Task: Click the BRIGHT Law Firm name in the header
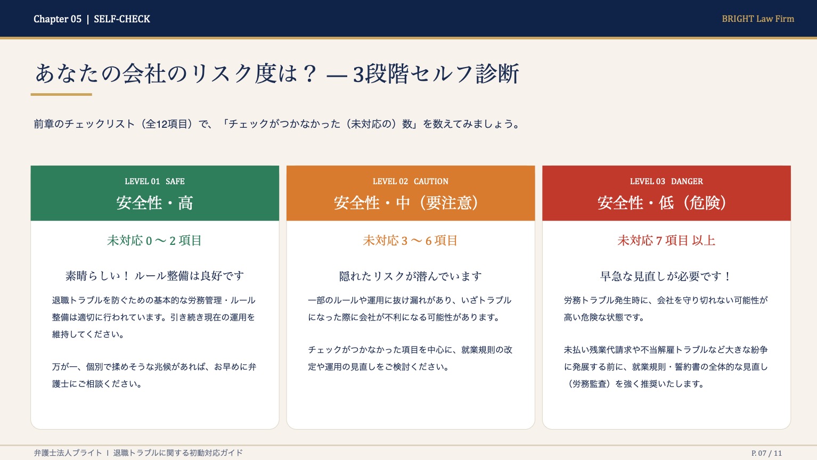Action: coord(757,19)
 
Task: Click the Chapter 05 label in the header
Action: coord(58,19)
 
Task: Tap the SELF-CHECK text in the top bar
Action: coord(122,19)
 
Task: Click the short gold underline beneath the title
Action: coord(61,95)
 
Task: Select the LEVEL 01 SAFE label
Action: coord(154,182)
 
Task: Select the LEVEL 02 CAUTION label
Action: coord(410,182)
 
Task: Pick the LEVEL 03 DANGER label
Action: coord(666,182)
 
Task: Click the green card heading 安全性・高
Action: coord(154,203)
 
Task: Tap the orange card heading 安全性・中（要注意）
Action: coord(410,203)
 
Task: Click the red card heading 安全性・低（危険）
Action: coord(666,203)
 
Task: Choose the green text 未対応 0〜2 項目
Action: coord(154,241)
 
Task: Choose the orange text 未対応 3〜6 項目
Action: coord(410,241)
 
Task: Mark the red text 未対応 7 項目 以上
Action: coord(666,241)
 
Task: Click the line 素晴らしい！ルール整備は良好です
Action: coord(154,276)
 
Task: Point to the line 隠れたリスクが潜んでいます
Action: coord(410,276)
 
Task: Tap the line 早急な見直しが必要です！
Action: coord(666,276)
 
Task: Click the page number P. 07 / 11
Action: coord(766,453)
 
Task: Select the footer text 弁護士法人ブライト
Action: coord(68,453)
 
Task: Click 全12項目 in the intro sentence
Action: coord(168,124)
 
